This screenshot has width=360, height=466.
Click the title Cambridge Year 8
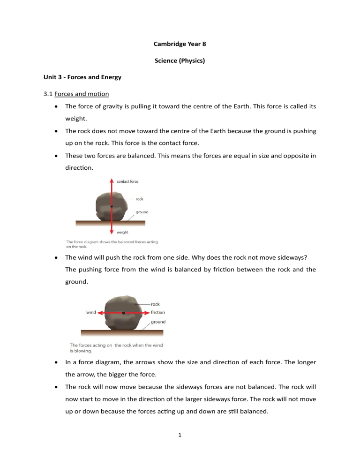pos(180,45)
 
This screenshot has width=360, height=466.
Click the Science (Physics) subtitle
pos(180,61)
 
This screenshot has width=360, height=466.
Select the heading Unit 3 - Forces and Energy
pos(79,77)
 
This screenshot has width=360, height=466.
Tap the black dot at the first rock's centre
pos(112,206)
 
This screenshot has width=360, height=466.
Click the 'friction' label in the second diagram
pos(157,312)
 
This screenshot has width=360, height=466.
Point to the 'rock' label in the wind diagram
pos(155,304)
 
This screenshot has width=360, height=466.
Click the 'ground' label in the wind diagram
pos(158,322)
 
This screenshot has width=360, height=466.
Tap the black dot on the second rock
pos(123,312)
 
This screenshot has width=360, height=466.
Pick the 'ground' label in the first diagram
pos(142,212)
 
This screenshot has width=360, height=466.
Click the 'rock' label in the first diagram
pos(140,199)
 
